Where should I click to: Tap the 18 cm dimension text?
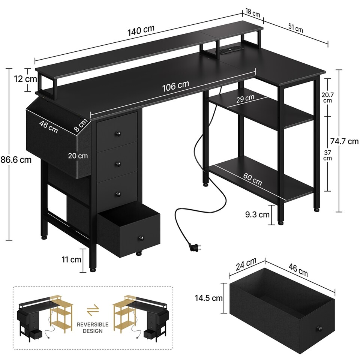(x=251, y=14)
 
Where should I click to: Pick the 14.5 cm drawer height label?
(x=208, y=298)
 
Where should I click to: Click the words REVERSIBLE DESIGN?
(x=93, y=327)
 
